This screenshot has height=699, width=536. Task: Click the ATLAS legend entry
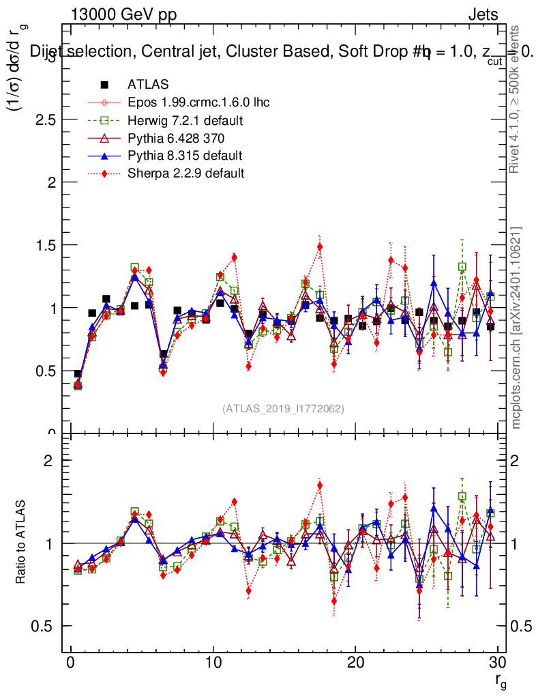tap(148, 85)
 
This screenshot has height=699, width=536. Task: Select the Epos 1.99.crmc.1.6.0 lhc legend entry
tap(198, 102)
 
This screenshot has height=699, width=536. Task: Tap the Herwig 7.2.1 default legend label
tap(185, 120)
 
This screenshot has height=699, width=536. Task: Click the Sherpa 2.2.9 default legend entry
tap(185, 173)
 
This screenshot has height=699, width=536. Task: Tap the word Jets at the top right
tap(483, 14)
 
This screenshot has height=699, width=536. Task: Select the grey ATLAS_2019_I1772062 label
tap(283, 409)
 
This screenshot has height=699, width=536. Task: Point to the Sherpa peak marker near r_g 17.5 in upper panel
tap(320, 247)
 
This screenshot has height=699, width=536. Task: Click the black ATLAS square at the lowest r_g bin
tap(78, 374)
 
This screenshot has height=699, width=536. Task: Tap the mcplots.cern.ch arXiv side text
tap(516, 328)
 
